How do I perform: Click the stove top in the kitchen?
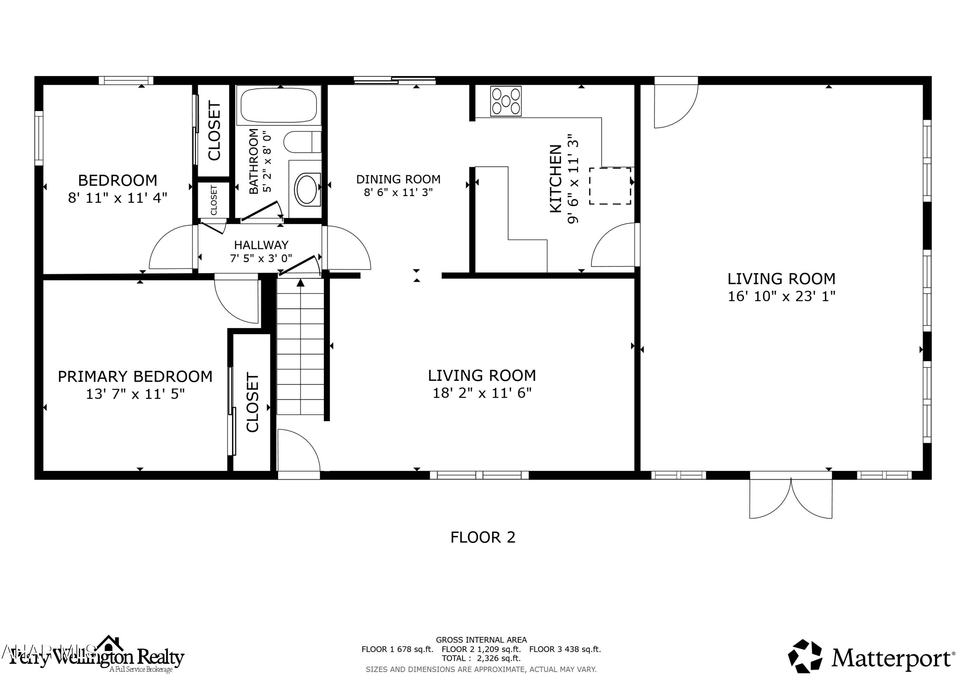(506, 101)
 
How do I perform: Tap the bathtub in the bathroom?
(279, 106)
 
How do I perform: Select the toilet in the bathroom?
(302, 142)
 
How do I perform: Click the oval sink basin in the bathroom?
(307, 189)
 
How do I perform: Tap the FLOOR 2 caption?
(483, 537)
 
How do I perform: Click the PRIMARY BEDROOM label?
(135, 376)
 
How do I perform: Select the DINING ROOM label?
(398, 179)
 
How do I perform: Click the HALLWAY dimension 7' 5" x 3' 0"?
(261, 258)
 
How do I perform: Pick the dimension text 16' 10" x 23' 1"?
(781, 296)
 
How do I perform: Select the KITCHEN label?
(556, 179)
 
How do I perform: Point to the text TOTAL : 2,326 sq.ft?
(481, 658)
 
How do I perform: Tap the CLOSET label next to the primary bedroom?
(252, 402)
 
